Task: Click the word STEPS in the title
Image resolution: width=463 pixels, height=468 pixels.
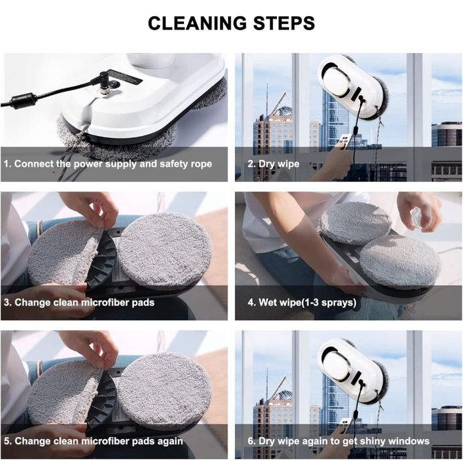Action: [282, 23]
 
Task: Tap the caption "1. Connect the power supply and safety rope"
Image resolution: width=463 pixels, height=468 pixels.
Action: [108, 163]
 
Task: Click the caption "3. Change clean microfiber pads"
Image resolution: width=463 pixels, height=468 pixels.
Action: [80, 302]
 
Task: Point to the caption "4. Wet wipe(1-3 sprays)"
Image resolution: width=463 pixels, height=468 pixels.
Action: [302, 302]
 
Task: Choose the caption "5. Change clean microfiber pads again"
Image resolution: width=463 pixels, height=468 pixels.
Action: [94, 441]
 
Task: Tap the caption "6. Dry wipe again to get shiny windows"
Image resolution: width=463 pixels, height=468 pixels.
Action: [339, 441]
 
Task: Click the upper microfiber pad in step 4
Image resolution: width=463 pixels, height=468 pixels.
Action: [355, 222]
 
